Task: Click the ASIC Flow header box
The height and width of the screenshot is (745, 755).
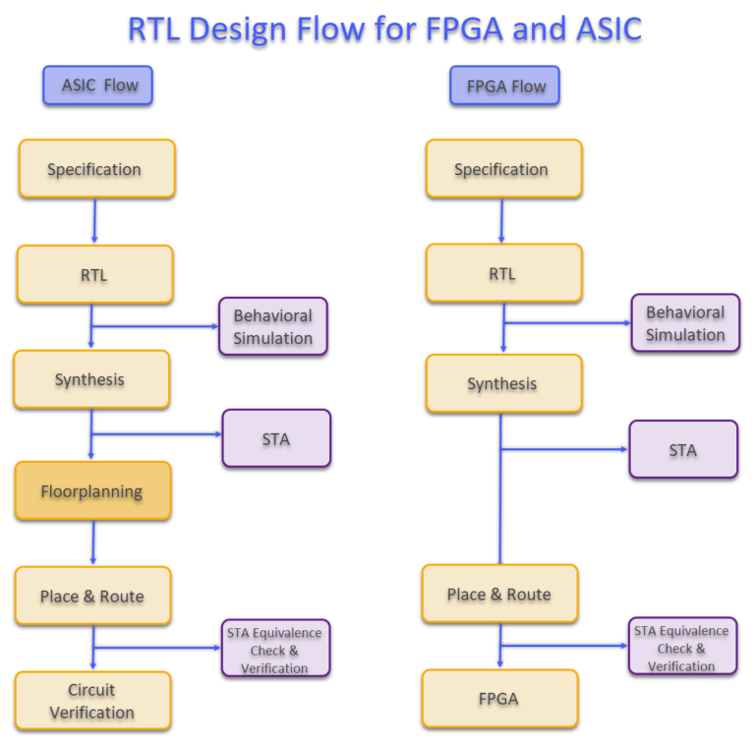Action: [x=97, y=86]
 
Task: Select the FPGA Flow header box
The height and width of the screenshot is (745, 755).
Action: [x=504, y=86]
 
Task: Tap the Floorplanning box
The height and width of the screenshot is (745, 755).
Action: [x=92, y=490]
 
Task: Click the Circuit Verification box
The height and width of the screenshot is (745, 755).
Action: [x=92, y=701]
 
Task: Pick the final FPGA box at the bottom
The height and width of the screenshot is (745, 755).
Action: [x=499, y=699]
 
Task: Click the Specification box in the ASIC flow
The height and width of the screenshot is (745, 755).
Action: [x=96, y=169]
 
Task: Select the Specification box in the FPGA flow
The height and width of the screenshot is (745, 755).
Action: [x=503, y=169]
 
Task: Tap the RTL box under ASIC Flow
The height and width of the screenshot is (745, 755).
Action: [x=94, y=274]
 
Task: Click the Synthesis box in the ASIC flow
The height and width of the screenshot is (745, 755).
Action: [x=90, y=379]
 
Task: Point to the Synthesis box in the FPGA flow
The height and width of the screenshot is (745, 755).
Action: [x=503, y=383]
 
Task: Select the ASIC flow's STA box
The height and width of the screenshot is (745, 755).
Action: [x=276, y=438]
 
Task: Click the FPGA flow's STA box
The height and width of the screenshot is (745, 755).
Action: [x=683, y=449]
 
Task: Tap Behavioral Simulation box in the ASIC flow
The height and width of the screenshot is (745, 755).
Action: [x=272, y=326]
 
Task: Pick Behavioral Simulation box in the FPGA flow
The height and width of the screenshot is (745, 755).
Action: [x=685, y=322]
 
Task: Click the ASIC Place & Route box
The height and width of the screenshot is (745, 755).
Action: [x=92, y=596]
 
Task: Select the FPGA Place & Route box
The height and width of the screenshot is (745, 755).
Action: [x=499, y=594]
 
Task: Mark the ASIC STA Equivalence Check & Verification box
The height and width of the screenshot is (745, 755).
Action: [x=274, y=649]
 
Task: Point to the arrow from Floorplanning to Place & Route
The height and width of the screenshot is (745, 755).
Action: [x=93, y=543]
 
